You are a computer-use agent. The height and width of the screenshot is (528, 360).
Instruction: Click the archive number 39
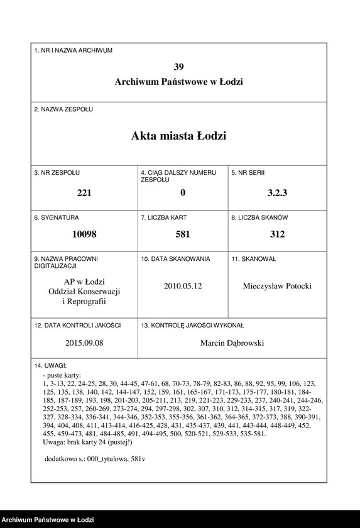pos(179,67)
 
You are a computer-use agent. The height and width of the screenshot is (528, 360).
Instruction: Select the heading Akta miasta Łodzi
pos(179,136)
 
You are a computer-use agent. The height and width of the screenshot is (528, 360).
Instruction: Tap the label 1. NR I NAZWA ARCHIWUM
pos(74,50)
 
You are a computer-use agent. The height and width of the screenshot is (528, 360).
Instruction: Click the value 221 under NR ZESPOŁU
pos(84,193)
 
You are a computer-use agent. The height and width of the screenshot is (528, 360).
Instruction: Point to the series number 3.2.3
pos(277,193)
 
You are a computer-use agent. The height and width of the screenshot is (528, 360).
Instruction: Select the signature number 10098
pos(84,234)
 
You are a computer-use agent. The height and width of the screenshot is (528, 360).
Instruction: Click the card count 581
pos(183,234)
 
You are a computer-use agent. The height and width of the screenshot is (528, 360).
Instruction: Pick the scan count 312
pos(277,234)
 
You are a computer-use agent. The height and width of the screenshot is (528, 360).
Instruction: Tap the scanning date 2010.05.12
pos(183,285)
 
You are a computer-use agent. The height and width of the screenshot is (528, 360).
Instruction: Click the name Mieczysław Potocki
pos(277,286)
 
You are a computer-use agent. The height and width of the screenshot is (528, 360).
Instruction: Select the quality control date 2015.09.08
pos(84,343)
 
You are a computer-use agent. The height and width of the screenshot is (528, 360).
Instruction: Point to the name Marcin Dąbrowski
pos(232,343)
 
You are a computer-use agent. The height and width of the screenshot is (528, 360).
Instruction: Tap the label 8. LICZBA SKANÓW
pos(259,217)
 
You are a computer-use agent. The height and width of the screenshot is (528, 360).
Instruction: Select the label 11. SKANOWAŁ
pos(254,258)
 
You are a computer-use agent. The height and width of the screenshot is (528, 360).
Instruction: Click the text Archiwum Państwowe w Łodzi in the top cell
pos(179,82)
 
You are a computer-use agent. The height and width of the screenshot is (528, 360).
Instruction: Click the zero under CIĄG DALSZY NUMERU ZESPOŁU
pos(183,193)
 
